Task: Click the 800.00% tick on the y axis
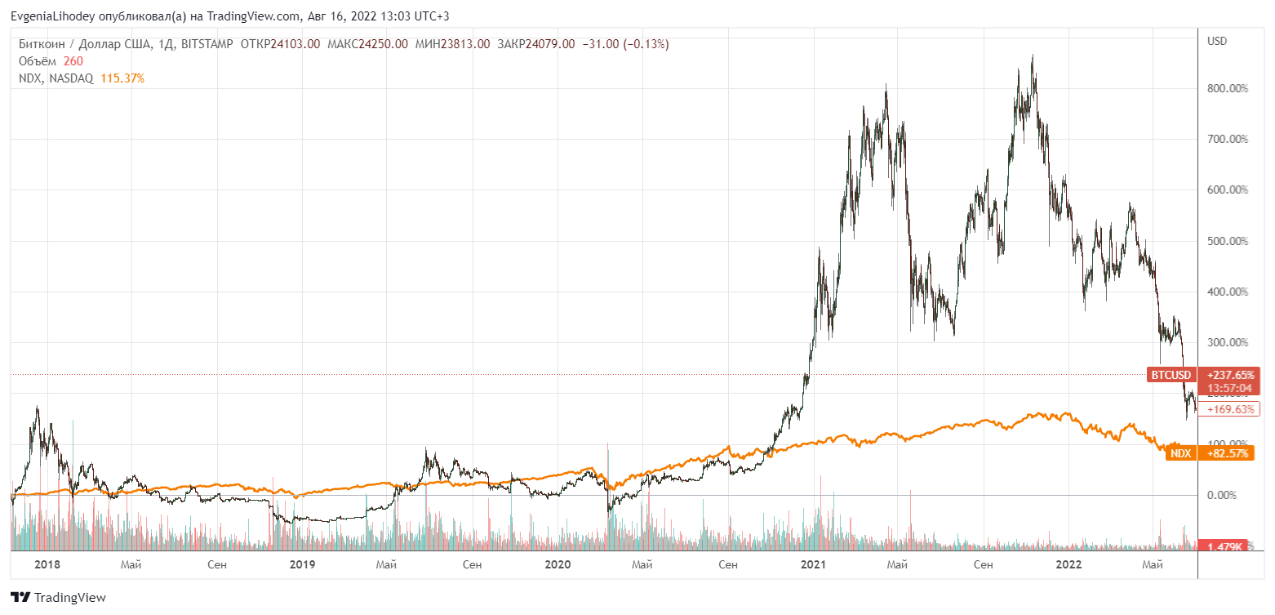tap(1227, 88)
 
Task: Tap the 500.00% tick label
tap(1227, 241)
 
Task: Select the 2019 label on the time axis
tap(303, 564)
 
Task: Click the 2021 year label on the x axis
tap(813, 564)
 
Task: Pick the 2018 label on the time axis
tap(47, 564)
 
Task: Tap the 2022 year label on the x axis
tap(1068, 564)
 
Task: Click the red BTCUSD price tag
tap(1171, 375)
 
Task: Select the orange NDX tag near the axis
tap(1180, 453)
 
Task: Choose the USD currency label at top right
tap(1217, 41)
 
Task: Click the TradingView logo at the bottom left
tap(58, 598)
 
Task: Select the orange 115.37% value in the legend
tap(122, 78)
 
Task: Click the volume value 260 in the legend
tap(73, 61)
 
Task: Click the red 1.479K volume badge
tap(1225, 546)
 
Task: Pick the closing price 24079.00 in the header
tap(550, 44)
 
